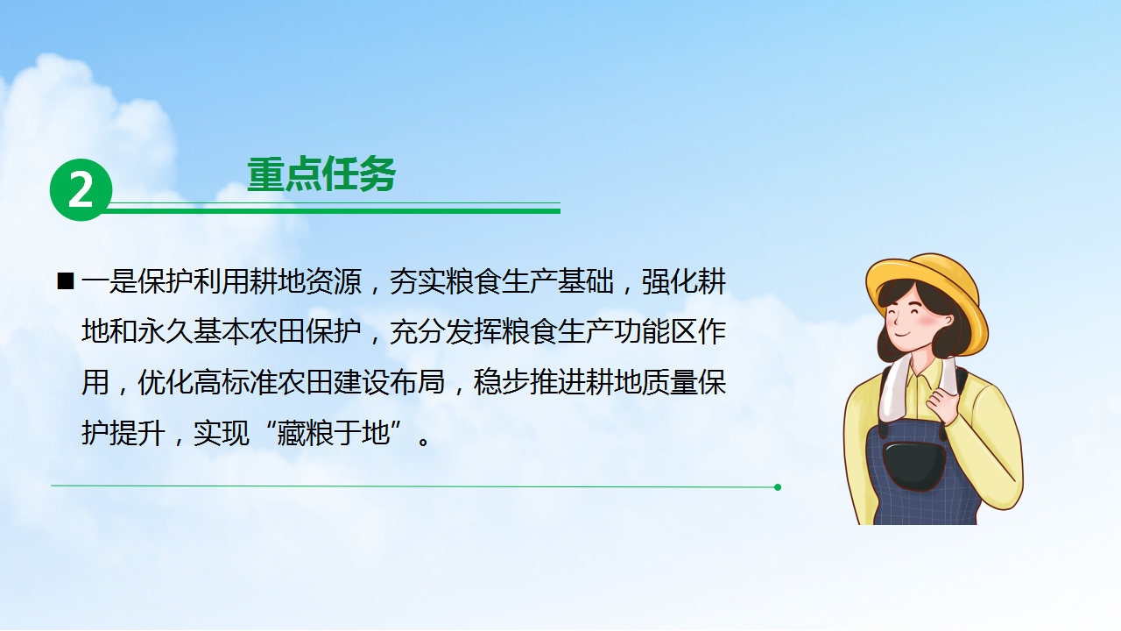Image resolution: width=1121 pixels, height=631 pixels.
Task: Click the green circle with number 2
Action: tap(81, 190)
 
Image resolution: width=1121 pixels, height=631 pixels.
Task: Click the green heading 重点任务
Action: tap(321, 174)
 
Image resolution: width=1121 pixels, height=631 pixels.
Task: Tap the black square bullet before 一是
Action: tap(66, 281)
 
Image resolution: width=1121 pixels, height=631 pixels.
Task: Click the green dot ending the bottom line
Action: tap(777, 487)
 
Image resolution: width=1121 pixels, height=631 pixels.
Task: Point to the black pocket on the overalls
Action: tap(913, 465)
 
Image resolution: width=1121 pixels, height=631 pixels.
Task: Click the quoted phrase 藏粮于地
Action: tap(334, 433)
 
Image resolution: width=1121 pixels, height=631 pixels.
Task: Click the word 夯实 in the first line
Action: tap(418, 281)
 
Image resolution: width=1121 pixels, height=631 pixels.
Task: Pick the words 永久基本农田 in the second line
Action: tap(222, 332)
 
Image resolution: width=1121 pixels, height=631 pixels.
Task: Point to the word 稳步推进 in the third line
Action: tap(530, 383)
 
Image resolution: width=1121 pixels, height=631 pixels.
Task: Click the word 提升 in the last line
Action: tap(137, 433)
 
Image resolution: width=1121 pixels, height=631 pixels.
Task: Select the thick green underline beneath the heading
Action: tap(334, 211)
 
